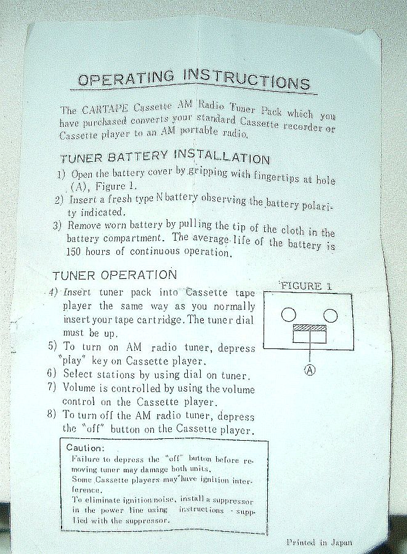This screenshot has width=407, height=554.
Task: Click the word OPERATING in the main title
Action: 126,78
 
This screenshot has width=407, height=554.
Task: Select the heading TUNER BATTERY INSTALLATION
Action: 164,156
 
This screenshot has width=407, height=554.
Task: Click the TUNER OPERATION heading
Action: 115,275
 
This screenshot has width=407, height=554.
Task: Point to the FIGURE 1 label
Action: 306,286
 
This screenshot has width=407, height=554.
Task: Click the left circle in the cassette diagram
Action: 289,315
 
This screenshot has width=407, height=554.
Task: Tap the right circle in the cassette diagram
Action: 330,316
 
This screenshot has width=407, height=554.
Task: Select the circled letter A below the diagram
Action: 310,370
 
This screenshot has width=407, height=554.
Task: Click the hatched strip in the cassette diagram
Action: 310,328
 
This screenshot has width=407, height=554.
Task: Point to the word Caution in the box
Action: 85,448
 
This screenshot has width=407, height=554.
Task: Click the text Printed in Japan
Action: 320,542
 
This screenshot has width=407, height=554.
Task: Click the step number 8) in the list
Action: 52,414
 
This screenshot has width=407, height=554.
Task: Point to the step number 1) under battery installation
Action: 62,174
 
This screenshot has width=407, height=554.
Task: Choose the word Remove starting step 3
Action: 85,225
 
